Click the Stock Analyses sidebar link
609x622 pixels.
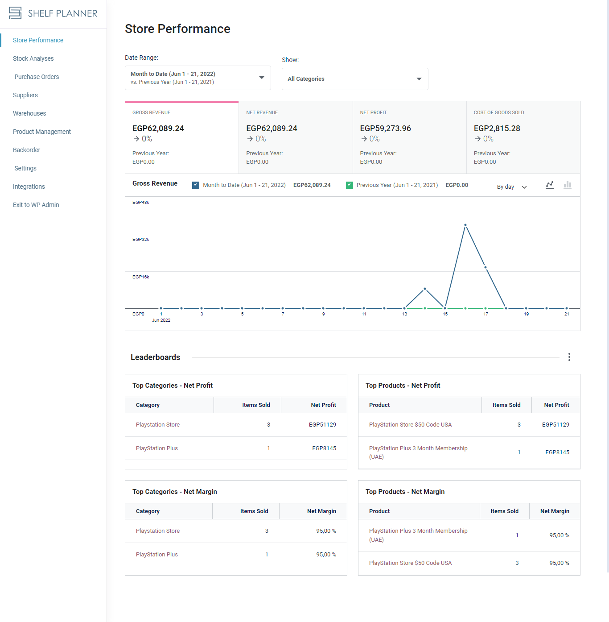[33, 58]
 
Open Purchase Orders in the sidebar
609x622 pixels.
[37, 77]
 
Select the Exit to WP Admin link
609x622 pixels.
[36, 205]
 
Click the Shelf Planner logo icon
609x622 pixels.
[15, 13]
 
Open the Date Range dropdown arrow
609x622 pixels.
[262, 78]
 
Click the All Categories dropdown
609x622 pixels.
[355, 79]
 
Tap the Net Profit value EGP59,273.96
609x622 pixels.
[386, 129]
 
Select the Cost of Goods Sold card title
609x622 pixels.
[499, 112]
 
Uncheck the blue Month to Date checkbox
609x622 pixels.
[195, 185]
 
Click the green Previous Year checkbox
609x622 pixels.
[349, 185]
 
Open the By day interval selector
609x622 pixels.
[511, 187]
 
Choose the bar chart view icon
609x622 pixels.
[568, 185]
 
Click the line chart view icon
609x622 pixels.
[550, 185]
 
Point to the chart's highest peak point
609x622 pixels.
[465, 225]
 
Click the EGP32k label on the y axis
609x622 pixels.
[140, 240]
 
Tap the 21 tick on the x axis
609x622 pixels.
[566, 314]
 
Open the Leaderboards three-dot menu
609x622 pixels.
[569, 357]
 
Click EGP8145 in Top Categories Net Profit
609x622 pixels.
[324, 448]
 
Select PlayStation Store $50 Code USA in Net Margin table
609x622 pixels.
[410, 563]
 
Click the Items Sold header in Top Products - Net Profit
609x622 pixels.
[506, 405]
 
